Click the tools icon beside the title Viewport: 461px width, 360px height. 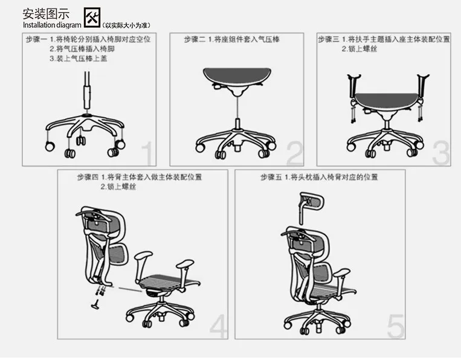(92, 18)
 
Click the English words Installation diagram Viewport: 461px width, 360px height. (52, 25)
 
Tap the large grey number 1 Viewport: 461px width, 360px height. (147, 153)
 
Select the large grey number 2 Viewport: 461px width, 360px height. (294, 153)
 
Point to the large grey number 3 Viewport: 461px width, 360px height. (441, 153)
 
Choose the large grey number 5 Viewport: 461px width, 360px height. (396, 326)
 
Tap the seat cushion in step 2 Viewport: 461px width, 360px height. (237, 76)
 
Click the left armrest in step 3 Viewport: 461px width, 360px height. (353, 88)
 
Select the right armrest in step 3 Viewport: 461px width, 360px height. (422, 88)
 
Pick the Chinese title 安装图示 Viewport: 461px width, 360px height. (46, 14)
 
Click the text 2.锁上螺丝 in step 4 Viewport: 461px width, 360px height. (118, 187)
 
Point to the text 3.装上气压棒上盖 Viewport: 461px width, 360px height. (78, 59)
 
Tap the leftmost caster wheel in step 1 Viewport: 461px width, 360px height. (50, 146)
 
